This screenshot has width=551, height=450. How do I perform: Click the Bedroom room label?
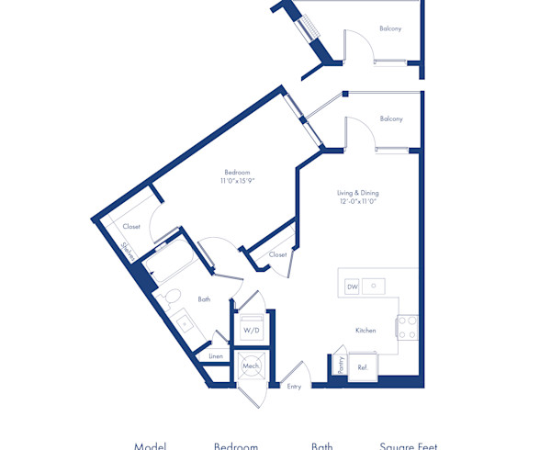[x=237, y=172]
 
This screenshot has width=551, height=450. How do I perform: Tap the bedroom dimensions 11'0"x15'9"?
[x=237, y=181]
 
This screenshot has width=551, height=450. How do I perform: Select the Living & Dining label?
[x=357, y=193]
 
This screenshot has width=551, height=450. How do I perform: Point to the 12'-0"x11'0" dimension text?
[x=357, y=202]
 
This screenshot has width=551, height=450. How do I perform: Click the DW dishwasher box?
[x=352, y=287]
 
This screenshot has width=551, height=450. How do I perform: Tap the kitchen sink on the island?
[x=374, y=287]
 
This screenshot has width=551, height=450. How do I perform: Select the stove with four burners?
[x=408, y=327]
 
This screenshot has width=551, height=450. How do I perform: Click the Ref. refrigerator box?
[x=362, y=366]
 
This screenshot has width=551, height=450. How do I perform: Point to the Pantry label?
[x=338, y=366]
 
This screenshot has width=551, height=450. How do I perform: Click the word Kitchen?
[x=365, y=330]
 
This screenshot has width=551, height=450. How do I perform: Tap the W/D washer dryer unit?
[x=250, y=329]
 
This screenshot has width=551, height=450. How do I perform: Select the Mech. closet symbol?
[x=250, y=366]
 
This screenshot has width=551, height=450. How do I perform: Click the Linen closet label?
[x=216, y=355]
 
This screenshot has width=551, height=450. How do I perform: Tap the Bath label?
[x=204, y=298]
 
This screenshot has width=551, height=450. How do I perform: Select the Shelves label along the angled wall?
[x=129, y=250]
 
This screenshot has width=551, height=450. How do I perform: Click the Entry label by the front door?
[x=294, y=387]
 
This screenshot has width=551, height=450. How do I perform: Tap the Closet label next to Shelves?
[x=131, y=226]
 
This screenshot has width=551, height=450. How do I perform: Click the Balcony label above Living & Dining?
[x=391, y=118]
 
